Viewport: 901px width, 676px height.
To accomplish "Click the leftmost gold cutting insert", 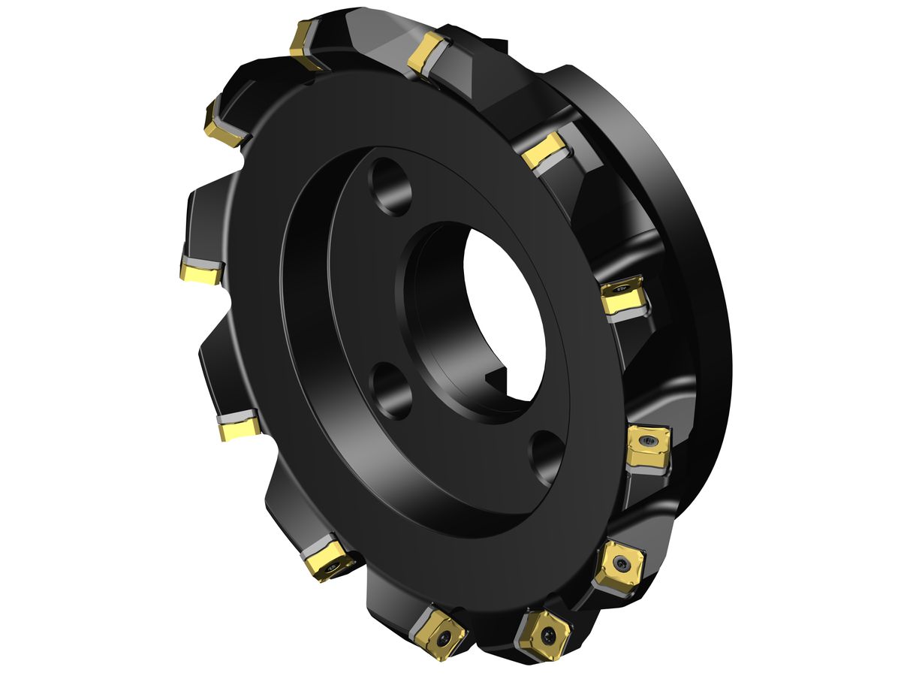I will click(x=200, y=272).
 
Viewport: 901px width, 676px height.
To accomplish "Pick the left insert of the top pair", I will click(x=305, y=44).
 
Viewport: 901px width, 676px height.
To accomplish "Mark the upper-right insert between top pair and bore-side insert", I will click(x=544, y=150).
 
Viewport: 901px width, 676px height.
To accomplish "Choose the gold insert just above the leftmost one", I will click(x=225, y=125).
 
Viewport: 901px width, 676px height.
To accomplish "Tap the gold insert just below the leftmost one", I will click(x=239, y=427).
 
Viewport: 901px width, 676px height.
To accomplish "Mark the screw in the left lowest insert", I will click(x=446, y=637).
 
